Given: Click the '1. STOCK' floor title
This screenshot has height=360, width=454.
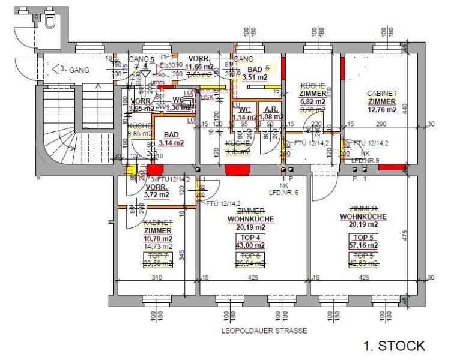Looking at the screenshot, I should click(x=394, y=345).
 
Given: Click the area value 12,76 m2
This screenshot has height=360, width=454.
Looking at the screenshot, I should click(x=383, y=110).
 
